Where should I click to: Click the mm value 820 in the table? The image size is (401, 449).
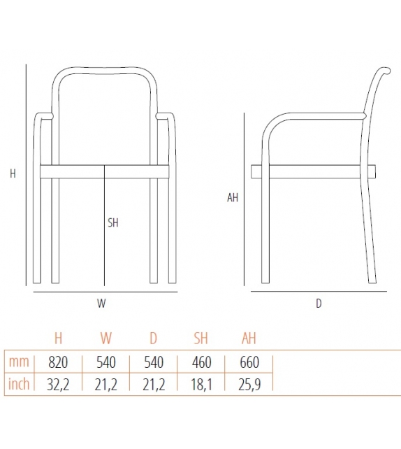click(58, 362)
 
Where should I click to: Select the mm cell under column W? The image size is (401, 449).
click(106, 362)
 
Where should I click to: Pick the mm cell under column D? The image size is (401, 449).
click(153, 362)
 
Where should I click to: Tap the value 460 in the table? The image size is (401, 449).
click(200, 362)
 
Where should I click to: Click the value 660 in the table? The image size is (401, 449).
click(249, 362)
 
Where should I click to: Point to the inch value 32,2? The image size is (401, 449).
click(58, 384)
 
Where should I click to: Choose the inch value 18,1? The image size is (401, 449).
click(200, 384)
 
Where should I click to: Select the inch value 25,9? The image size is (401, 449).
click(249, 384)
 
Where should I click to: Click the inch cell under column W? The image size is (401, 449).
click(106, 384)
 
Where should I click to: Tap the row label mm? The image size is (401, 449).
click(18, 362)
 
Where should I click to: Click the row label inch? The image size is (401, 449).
click(18, 384)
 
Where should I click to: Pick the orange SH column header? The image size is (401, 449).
click(200, 339)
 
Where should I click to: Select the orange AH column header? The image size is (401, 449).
click(249, 339)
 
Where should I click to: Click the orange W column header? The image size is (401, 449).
click(106, 339)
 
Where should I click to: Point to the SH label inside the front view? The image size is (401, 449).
click(113, 223)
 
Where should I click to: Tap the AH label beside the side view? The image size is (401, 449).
click(233, 198)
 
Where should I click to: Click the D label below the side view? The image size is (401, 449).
click(319, 304)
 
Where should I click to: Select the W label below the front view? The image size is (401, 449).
click(101, 304)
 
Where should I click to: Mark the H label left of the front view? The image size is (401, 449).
click(13, 174)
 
